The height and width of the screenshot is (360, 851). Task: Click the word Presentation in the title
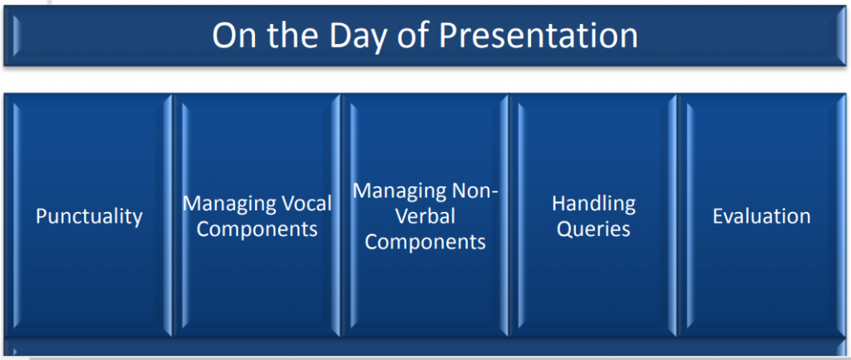tap(539, 36)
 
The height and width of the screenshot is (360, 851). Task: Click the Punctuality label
tap(89, 216)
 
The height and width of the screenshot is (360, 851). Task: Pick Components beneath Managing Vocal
tap(258, 229)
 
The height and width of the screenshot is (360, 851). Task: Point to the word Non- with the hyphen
tap(476, 190)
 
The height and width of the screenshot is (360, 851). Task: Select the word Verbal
tap(425, 216)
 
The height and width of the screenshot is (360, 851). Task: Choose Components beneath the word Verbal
tap(425, 242)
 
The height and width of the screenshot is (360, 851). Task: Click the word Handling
tap(593, 203)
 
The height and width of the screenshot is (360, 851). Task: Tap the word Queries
tap(593, 229)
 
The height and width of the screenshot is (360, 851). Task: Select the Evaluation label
tap(761, 216)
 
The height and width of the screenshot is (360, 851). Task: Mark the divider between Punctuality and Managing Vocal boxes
tap(173, 216)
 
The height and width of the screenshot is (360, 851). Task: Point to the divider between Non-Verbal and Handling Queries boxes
tap(509, 216)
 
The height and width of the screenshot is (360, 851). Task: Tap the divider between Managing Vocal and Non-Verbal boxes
tap(342, 216)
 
